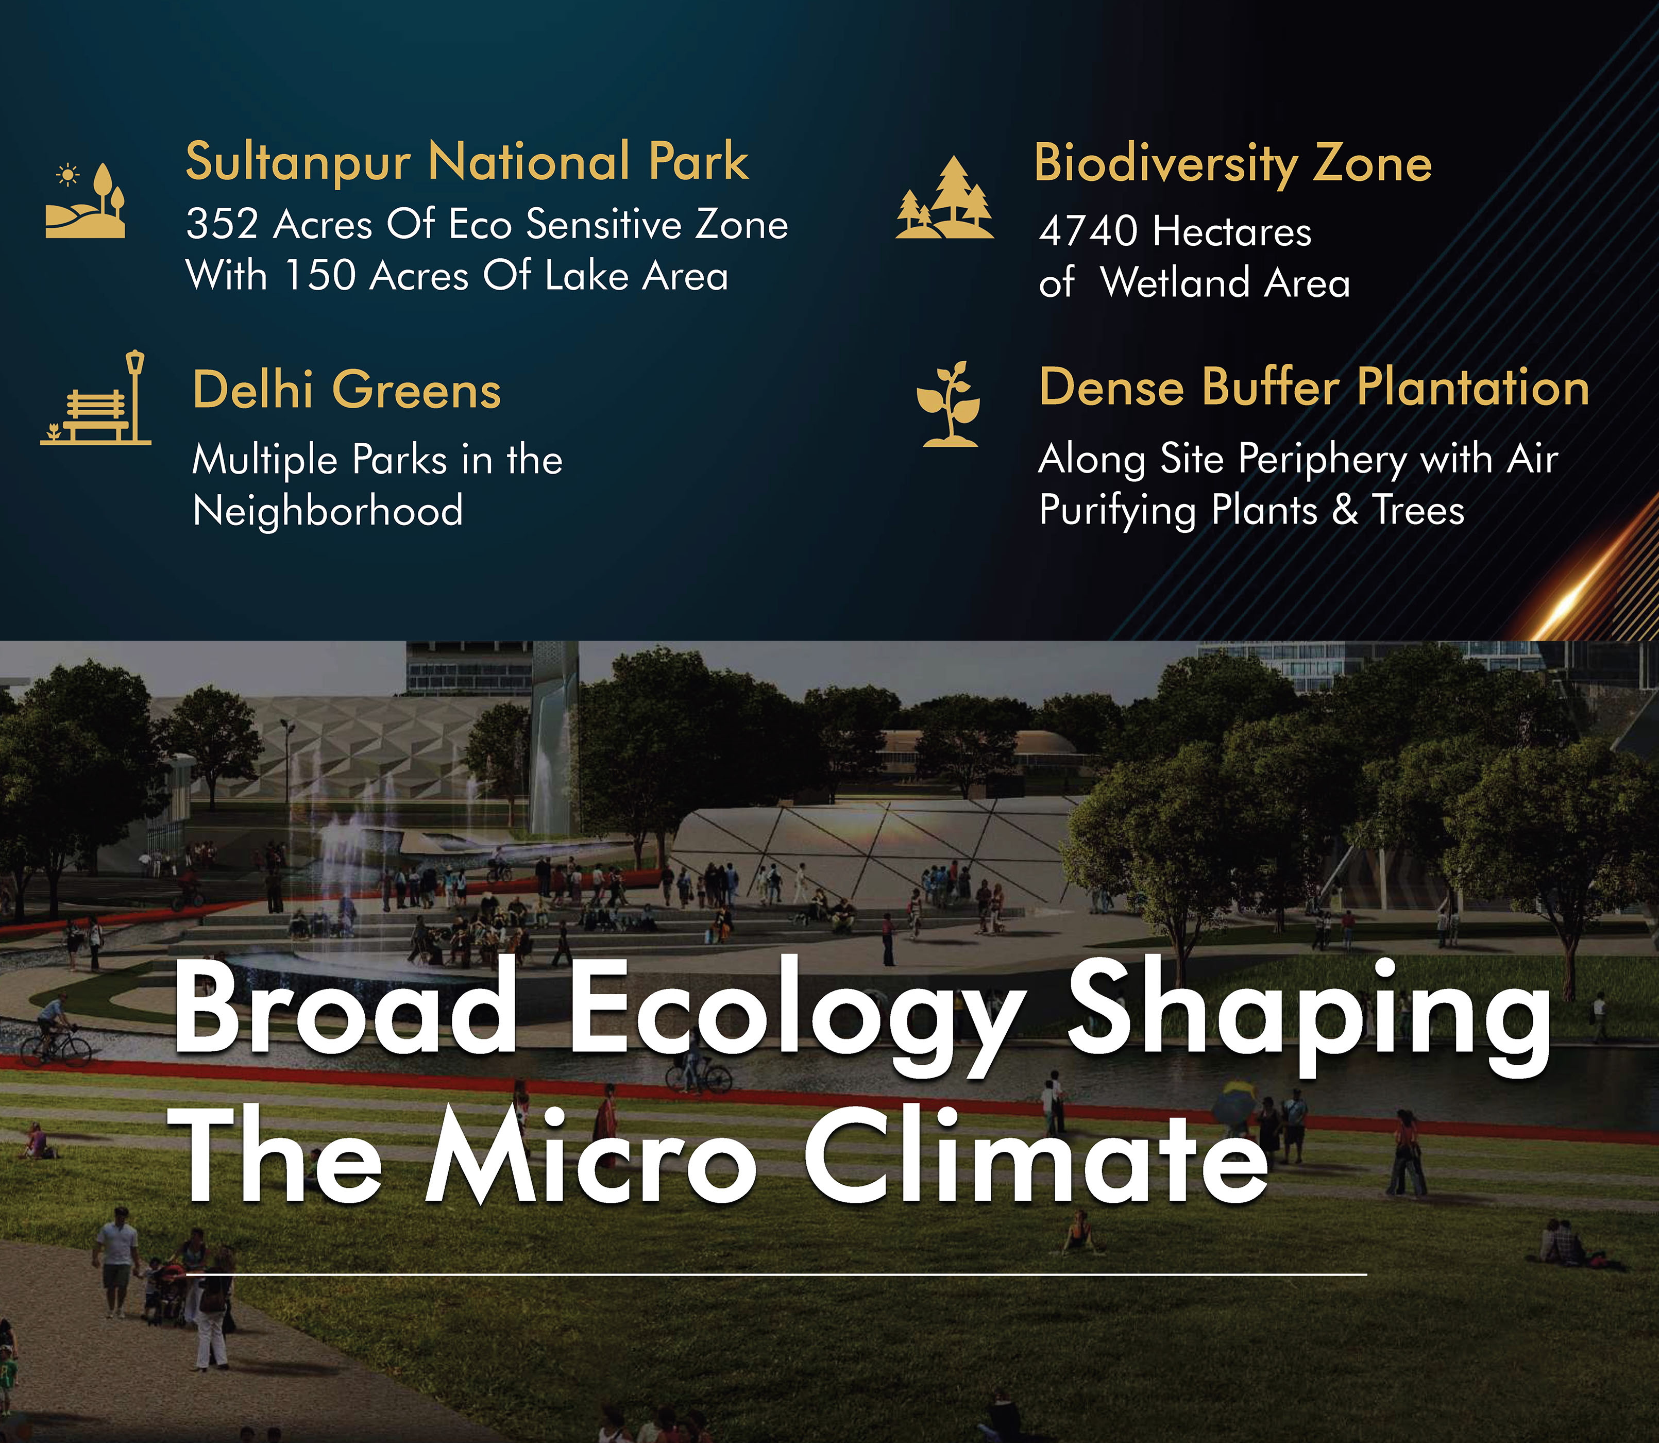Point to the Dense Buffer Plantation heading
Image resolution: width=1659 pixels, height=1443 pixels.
(1314, 388)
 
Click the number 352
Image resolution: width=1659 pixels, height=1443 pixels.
(222, 224)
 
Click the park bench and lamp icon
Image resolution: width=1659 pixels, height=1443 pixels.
(96, 398)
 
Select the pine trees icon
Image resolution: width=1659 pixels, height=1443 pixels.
(944, 197)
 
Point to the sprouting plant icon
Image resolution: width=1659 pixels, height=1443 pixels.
(950, 404)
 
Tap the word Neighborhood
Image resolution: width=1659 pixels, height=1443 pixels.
(328, 511)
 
